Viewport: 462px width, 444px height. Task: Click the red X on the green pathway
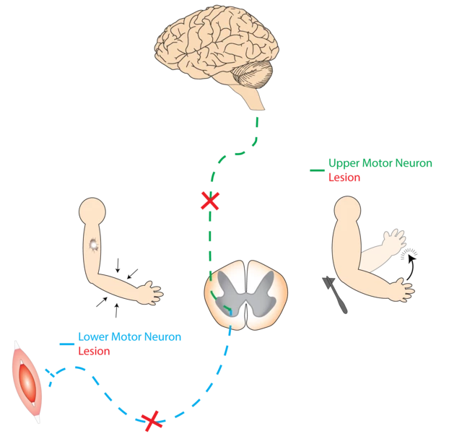(209, 201)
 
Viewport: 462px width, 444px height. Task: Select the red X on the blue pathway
(152, 419)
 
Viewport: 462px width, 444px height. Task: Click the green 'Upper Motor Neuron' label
(379, 163)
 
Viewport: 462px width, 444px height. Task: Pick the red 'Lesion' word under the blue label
(93, 352)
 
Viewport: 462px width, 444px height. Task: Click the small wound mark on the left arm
(93, 245)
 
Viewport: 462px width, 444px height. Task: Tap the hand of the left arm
(151, 292)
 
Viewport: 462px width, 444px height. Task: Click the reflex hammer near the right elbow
(339, 296)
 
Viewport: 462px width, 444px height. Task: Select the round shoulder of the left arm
(92, 213)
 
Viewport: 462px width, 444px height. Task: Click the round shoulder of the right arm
(347, 210)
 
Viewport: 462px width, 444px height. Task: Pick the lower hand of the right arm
(399, 290)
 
